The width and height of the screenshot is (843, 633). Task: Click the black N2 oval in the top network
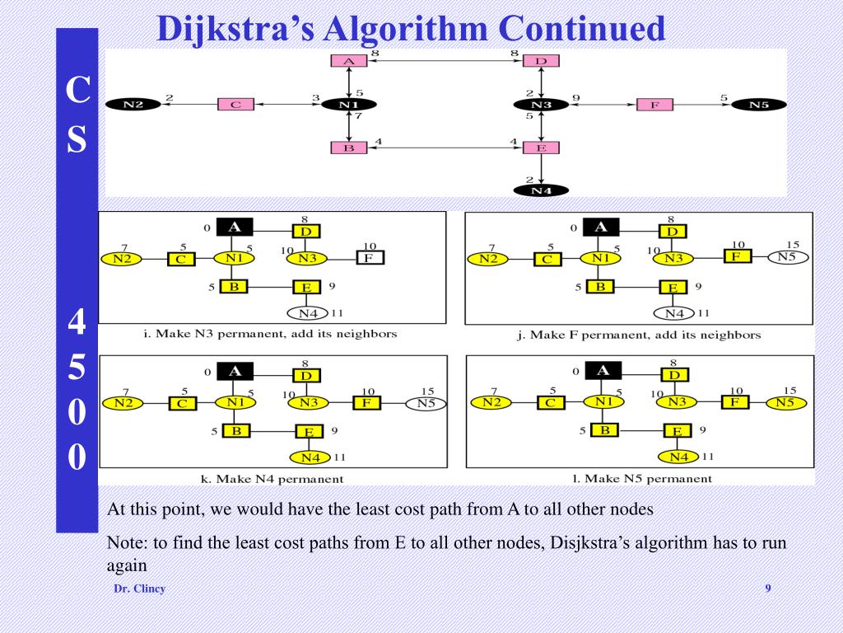tap(133, 105)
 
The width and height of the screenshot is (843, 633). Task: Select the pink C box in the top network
tap(235, 105)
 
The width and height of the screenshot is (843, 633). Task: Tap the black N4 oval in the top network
tap(540, 190)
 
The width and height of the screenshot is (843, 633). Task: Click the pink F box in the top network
tap(654, 105)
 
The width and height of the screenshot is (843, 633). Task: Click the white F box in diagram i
tap(370, 257)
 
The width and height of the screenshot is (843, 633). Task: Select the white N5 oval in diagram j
tap(788, 256)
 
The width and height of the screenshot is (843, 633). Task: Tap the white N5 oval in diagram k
tap(426, 403)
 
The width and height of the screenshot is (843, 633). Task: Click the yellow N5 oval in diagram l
tap(786, 402)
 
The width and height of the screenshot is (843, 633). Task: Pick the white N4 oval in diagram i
tap(308, 313)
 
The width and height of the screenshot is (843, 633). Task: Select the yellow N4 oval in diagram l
tap(679, 457)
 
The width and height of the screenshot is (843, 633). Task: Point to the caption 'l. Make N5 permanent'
tap(642, 478)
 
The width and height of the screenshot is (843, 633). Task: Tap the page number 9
tap(768, 588)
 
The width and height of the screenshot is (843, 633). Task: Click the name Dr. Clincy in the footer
tap(139, 588)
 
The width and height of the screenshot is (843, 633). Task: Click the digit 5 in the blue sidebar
tap(77, 368)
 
